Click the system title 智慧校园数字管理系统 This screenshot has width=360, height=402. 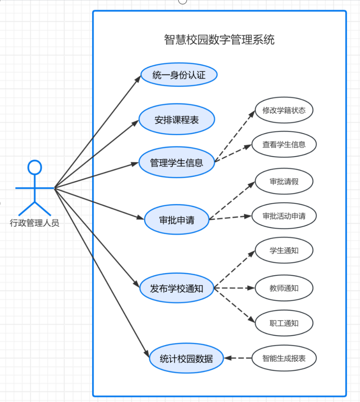[x=219, y=39]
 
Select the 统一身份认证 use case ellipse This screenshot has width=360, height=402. [x=179, y=75]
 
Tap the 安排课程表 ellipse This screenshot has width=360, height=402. [x=177, y=120]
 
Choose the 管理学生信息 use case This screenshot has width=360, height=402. [x=177, y=163]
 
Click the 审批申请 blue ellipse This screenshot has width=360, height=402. [x=177, y=220]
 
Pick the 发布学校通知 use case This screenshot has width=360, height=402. [x=177, y=288]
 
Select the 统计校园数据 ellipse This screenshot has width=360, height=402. [x=186, y=358]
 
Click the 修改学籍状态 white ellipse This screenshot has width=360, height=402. [x=284, y=111]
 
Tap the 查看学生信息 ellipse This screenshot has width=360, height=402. [x=284, y=144]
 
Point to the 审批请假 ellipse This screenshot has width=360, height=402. [x=284, y=182]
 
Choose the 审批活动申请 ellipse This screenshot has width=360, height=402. [x=284, y=216]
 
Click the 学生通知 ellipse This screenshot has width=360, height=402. [x=284, y=250]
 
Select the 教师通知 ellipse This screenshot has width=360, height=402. [x=284, y=288]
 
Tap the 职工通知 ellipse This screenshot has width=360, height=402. [x=284, y=323]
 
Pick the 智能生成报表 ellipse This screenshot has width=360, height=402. [x=284, y=358]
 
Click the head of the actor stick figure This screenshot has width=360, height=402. [x=35, y=167]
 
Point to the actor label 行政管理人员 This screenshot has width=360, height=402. [x=35, y=223]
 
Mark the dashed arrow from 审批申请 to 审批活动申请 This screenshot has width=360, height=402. [x=230, y=218]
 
